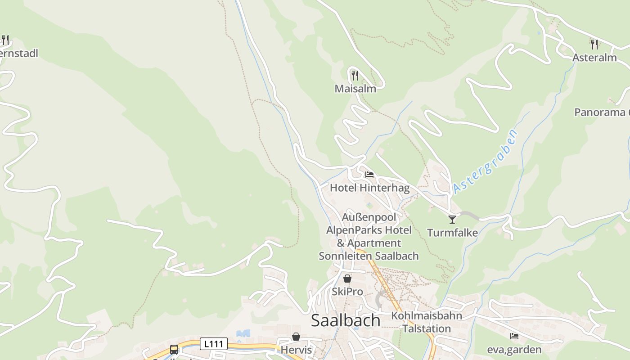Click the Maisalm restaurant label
(x=355, y=89)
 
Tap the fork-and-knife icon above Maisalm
(x=355, y=75)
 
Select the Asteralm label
(x=594, y=58)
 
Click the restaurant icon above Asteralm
(x=594, y=44)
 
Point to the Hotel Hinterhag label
(x=369, y=188)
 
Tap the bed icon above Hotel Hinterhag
(x=369, y=174)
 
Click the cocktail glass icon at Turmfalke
(x=452, y=219)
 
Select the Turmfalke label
(x=452, y=233)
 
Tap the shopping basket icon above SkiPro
(x=347, y=279)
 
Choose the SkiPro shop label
(x=347, y=292)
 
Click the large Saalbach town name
(x=346, y=320)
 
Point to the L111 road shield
(x=213, y=344)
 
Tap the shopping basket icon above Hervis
(x=296, y=337)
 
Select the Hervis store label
(x=296, y=350)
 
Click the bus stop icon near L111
(x=174, y=349)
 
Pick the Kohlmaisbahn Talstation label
(x=426, y=322)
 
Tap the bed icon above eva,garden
(x=514, y=336)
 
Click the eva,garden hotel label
(x=514, y=350)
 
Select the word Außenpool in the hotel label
(x=369, y=217)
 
